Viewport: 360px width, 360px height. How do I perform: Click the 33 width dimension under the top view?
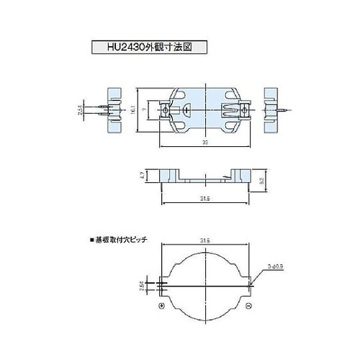point(205,143)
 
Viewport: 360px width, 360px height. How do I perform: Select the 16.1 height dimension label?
point(134,109)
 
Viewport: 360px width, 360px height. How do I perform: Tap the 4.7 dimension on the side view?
point(143,174)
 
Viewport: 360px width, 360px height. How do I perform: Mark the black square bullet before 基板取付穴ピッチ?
point(91,239)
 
